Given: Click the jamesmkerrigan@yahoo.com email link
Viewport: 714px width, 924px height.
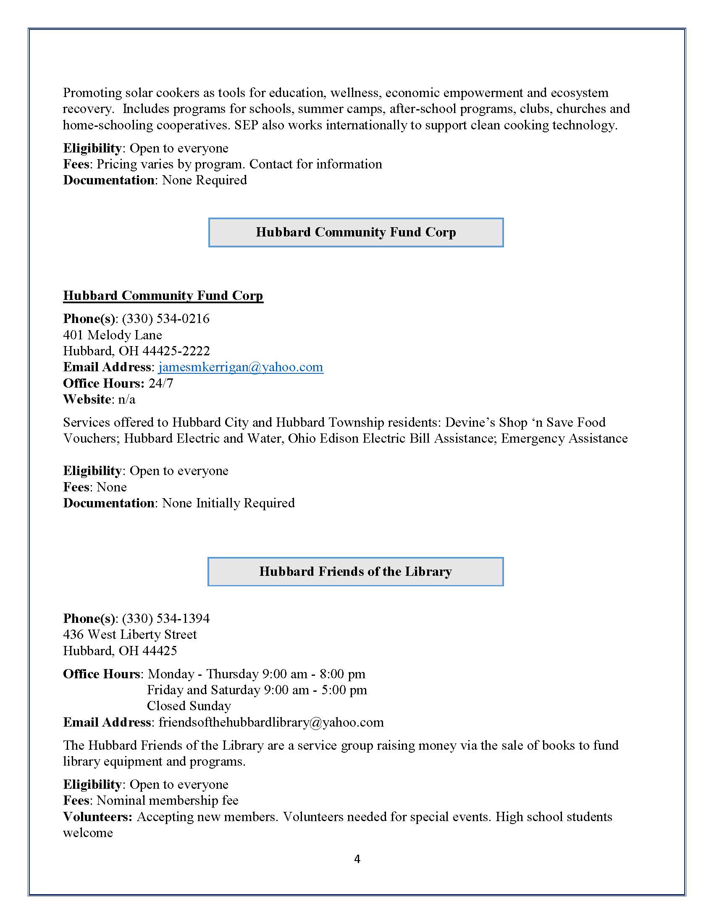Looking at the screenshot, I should coord(241,367).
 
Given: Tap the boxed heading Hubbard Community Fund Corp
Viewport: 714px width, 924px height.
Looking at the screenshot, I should coord(356,232).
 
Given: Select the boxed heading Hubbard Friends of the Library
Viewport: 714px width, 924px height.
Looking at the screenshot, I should coord(355,572).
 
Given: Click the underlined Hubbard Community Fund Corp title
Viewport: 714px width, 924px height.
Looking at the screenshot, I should coord(163,295).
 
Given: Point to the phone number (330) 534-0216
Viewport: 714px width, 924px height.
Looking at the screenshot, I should coord(165,319).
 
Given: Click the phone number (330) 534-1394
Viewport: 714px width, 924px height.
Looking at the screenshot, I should coord(165,619).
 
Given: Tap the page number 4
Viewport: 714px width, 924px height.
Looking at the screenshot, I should coord(357,859).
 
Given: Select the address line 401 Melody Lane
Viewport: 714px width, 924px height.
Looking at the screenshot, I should coord(113,335).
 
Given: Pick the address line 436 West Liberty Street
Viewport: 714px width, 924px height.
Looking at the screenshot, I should coord(130,635).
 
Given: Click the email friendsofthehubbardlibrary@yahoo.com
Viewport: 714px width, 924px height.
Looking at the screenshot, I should coord(271,722).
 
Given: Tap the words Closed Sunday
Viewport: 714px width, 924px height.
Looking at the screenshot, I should coord(189,706).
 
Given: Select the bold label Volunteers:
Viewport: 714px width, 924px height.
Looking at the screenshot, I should coord(98,817).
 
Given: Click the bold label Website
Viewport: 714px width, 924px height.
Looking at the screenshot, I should coord(87,399).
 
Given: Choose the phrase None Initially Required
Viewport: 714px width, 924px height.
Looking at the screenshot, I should coord(228,503).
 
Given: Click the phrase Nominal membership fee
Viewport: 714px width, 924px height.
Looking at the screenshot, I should coord(168,801).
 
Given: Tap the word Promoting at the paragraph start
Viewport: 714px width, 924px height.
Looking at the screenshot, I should coord(93,93).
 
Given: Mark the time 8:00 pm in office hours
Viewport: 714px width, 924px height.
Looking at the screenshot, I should coord(342,674).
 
